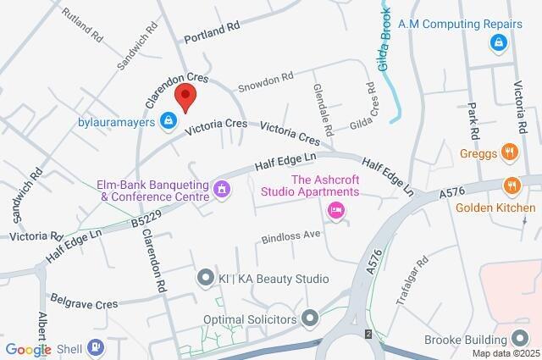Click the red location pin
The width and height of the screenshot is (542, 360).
point(185,97)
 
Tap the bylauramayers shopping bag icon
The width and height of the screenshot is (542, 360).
point(169,120)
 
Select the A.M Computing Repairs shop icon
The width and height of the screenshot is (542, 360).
point(499,41)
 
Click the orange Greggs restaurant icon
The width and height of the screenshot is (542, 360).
point(509,152)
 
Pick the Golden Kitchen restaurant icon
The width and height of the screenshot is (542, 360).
point(511,186)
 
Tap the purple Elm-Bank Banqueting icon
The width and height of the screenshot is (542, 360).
point(223,188)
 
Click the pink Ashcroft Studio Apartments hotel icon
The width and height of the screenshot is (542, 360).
point(337,210)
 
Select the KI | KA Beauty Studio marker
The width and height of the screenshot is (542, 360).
point(204,278)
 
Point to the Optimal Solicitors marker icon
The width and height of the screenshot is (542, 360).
point(311,319)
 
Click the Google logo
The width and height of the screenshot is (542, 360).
point(28,349)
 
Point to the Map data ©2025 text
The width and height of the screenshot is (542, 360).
point(505,353)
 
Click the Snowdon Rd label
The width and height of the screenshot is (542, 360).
point(265,80)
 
